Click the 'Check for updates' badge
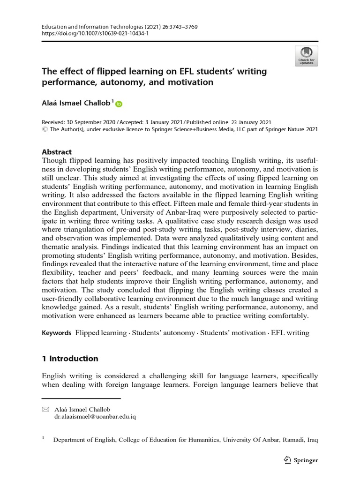pos(307,56)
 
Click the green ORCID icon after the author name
pos(118,104)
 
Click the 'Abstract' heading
pos(57,152)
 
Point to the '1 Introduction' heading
pos(70,359)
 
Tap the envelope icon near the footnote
pos(45,409)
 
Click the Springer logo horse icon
pos(288,460)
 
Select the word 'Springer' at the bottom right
pos(306,460)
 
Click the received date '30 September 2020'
pos(96,121)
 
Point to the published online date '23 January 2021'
pos(247,121)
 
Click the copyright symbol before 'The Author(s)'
pos(45,128)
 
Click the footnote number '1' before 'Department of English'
pos(44,439)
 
